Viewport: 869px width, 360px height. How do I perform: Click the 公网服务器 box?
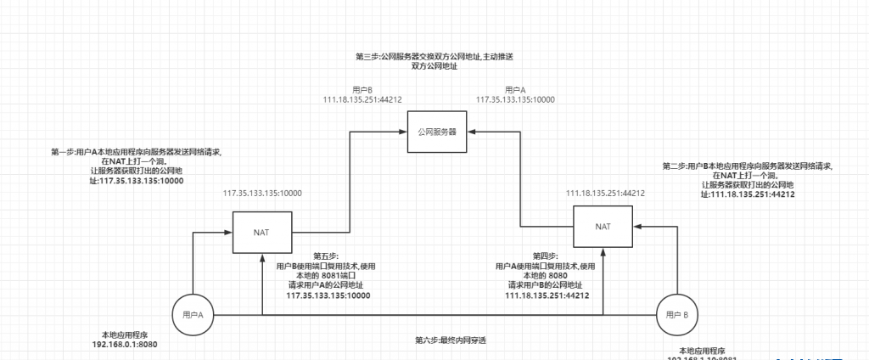437,132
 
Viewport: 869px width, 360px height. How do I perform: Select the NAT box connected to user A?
262,230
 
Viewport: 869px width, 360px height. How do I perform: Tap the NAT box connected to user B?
603,227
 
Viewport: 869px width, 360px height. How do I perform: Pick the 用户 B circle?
678,315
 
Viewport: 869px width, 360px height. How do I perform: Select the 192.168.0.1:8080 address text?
125,345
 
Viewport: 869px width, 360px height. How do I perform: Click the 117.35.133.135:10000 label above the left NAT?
262,193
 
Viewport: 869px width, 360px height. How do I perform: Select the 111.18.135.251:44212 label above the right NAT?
605,193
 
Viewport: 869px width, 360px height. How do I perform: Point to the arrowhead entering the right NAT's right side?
636,227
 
